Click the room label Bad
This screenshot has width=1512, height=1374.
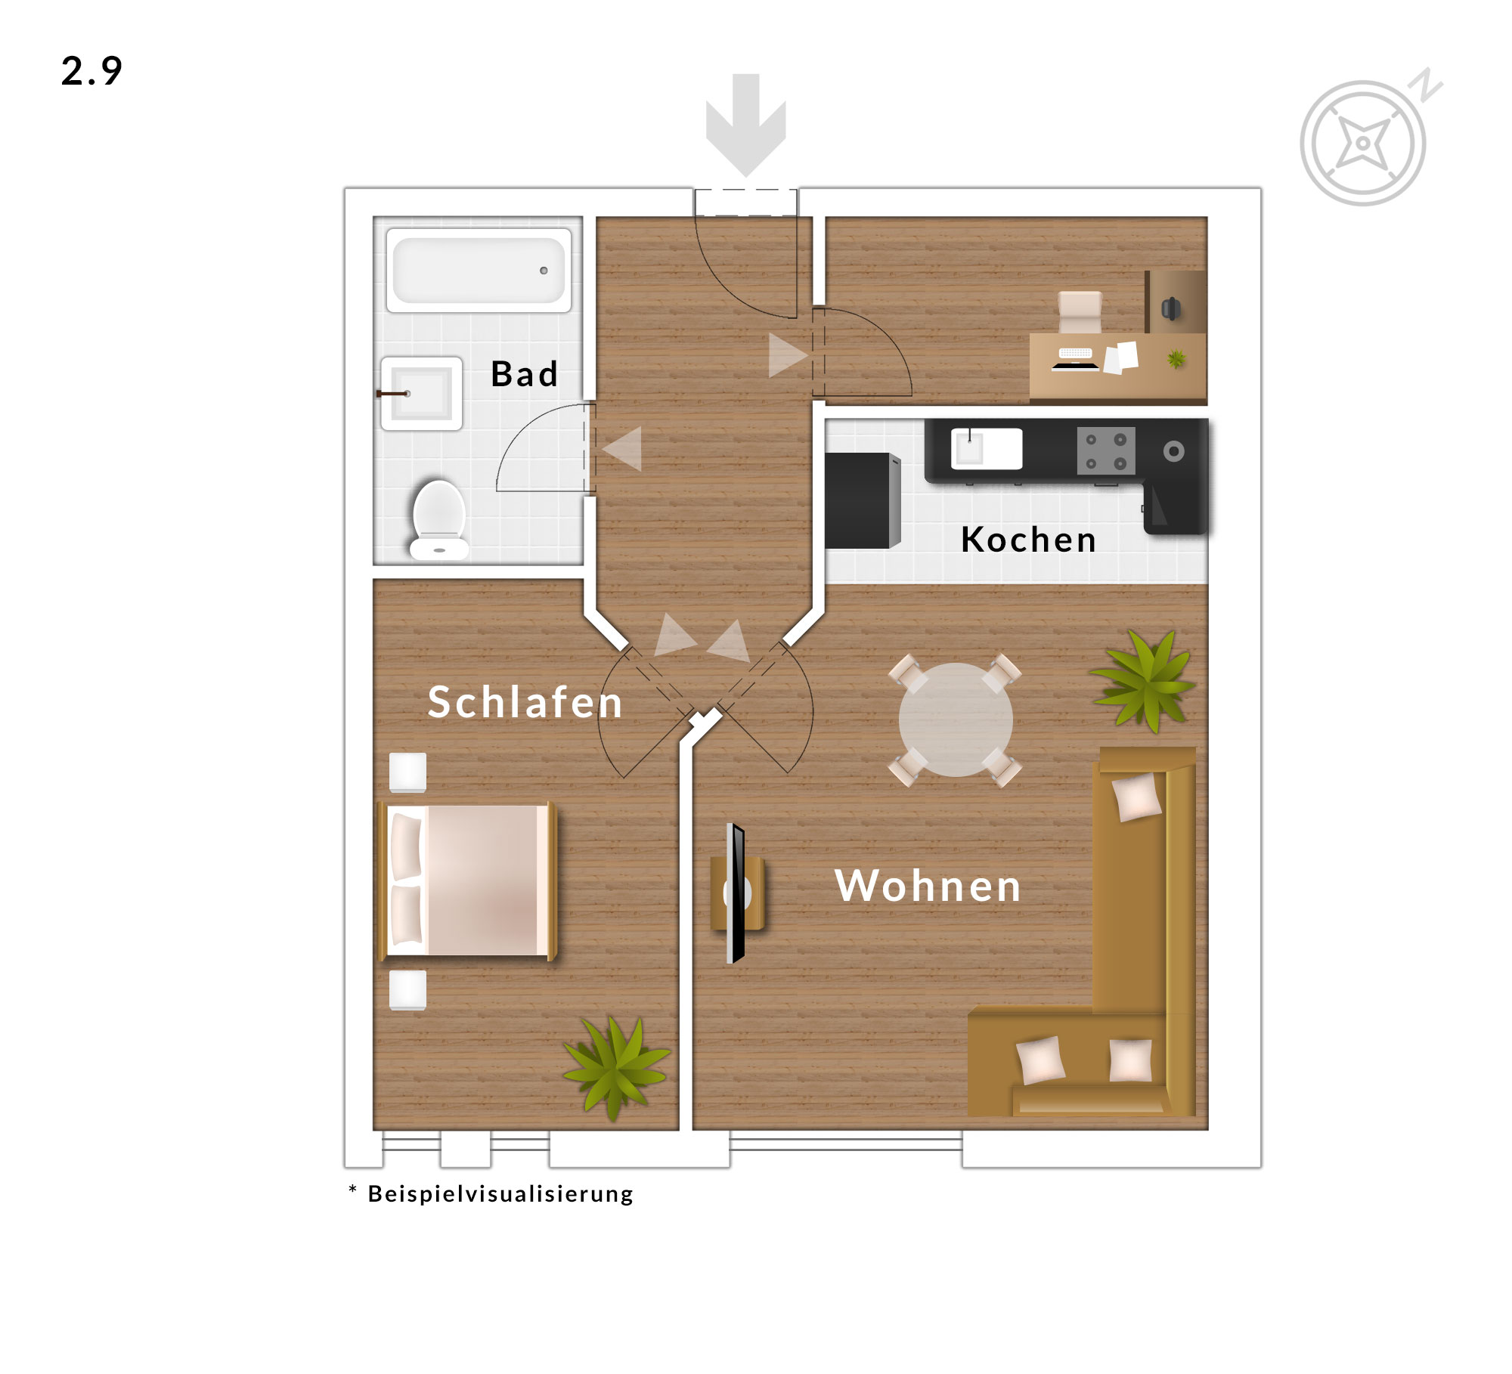tap(525, 374)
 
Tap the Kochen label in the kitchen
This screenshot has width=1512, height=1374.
tap(1028, 540)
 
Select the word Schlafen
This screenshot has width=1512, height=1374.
tap(525, 702)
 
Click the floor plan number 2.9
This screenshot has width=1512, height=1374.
tap(91, 71)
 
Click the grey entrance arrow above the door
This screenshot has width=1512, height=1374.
tap(745, 125)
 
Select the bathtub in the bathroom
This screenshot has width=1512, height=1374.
tap(479, 271)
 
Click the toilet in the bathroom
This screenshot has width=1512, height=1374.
tap(438, 520)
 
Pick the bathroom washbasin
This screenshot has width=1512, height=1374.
tap(421, 394)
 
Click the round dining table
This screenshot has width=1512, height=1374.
tap(956, 719)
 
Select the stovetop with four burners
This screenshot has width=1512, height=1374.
tap(1106, 451)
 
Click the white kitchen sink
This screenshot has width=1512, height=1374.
tap(987, 449)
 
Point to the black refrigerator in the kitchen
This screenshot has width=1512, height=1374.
tap(863, 500)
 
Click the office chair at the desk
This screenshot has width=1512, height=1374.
tap(1080, 312)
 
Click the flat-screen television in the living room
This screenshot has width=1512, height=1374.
tap(736, 893)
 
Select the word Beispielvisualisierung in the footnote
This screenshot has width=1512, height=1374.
tap(500, 1194)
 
